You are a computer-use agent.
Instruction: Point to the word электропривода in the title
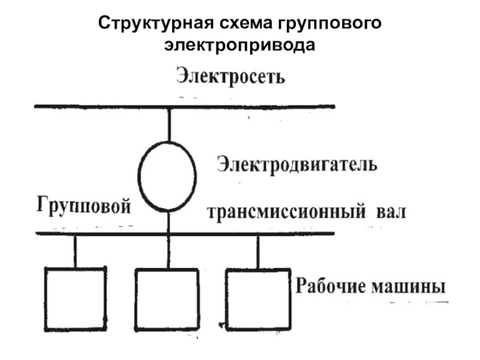pos(240,44)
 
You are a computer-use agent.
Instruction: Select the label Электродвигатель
pos(297,164)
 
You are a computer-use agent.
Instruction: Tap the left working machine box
pos(76,298)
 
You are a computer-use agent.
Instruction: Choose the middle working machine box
pos(166,299)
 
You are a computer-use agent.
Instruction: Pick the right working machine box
pos(256,298)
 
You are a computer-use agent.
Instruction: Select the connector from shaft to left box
pos(76,251)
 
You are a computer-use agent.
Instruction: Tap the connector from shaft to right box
pos(258,251)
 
